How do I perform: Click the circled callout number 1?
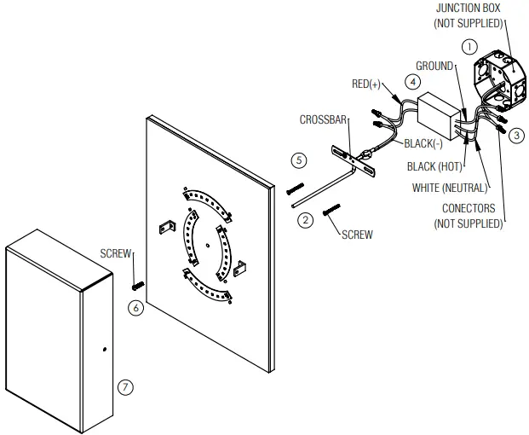[x=468, y=48]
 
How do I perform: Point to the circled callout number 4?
[x=412, y=83]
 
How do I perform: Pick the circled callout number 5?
[x=296, y=159]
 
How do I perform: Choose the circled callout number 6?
[x=135, y=308]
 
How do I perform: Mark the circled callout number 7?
[x=125, y=386]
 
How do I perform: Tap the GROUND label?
[x=434, y=66]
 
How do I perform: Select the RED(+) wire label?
[x=368, y=84]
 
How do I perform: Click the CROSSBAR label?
[x=323, y=121]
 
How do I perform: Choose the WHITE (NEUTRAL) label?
[x=449, y=187]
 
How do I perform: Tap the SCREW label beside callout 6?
[x=116, y=253]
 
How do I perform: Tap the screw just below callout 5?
[x=296, y=187]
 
